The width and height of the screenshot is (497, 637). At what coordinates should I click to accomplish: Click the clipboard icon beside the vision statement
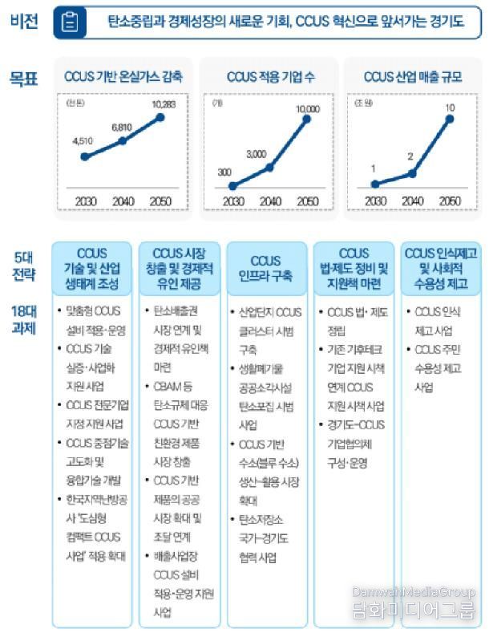point(71,22)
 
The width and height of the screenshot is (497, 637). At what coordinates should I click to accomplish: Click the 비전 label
point(24,22)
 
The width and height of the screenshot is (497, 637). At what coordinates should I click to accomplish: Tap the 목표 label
point(24,79)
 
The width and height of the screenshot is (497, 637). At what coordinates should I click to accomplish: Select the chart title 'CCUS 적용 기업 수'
point(270,78)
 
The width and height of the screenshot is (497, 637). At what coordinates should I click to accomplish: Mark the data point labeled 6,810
point(122,140)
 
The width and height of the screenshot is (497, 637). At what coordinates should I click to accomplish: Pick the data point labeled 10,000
point(306,120)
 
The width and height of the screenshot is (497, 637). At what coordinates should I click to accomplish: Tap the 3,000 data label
point(257,153)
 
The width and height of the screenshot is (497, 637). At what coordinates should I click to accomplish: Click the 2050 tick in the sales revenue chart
point(450,201)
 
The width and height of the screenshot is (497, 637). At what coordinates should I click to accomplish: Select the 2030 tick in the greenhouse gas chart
point(85,201)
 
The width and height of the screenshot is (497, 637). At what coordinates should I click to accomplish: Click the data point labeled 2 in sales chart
point(411,173)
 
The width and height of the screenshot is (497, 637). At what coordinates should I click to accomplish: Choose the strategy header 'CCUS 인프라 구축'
point(266,269)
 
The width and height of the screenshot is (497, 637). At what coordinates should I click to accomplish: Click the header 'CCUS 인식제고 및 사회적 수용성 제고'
point(442,269)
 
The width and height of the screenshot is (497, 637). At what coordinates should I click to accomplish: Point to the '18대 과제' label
point(24,320)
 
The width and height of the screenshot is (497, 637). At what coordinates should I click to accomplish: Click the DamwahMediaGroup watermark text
point(414,591)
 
